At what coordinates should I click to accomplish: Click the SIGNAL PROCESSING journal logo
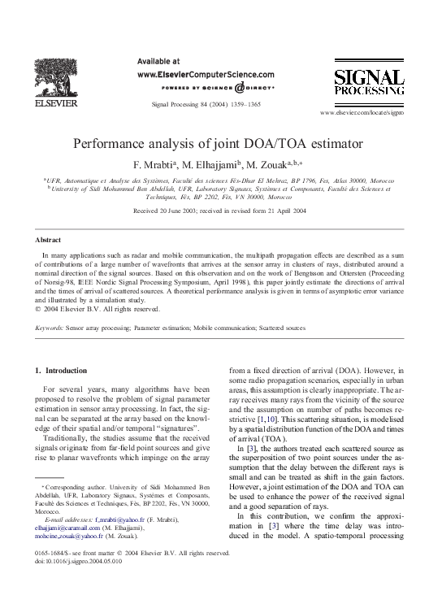click(x=369, y=85)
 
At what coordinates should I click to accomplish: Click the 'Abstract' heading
click(x=48, y=241)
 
